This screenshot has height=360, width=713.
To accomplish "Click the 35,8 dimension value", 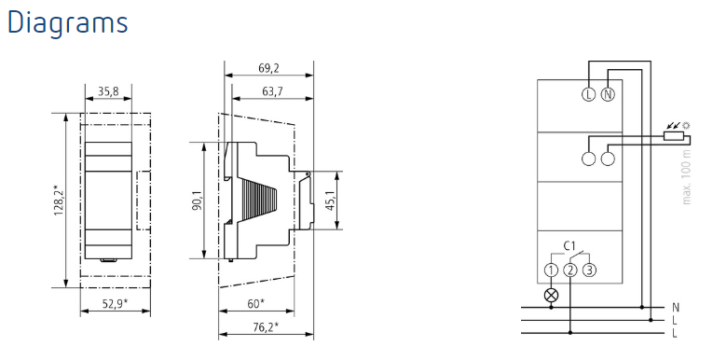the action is click(108, 92).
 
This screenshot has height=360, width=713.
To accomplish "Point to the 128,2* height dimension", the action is click(60, 201).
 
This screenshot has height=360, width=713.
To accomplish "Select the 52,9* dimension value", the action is click(115, 303).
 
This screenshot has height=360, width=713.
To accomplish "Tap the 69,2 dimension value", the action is click(268, 69).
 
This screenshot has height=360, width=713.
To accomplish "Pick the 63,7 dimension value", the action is click(272, 92).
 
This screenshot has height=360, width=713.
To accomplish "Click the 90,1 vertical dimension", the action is click(197, 201).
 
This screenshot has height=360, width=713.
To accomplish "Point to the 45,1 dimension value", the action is click(331, 201).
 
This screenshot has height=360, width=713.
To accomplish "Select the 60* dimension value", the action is click(255, 303).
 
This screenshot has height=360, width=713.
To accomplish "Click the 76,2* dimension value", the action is click(266, 327).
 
